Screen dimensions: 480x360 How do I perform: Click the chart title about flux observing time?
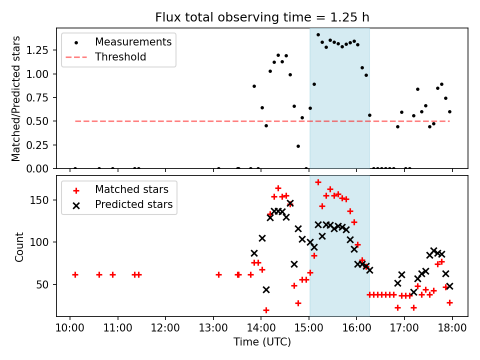[262, 17]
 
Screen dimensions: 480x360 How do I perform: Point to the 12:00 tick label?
[165, 328]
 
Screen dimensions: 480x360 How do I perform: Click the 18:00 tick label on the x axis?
[452, 328]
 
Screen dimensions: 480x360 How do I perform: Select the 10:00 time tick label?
[70, 328]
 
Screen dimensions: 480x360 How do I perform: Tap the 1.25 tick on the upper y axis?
[37, 50]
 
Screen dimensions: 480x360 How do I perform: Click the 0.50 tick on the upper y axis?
[37, 121]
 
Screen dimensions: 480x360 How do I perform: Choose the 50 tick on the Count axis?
[43, 284]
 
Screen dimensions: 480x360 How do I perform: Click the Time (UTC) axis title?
[262, 341]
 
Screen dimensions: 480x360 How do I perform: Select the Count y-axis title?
[19, 246]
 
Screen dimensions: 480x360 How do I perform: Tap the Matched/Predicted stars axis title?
[15, 98]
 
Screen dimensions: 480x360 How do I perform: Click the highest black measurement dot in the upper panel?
[318, 35]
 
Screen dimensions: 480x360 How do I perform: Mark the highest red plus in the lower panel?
[318, 182]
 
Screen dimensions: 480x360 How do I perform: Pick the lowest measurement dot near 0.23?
[298, 146]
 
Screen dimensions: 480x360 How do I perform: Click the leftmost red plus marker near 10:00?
[75, 275]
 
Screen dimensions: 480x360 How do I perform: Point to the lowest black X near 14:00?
[266, 289]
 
